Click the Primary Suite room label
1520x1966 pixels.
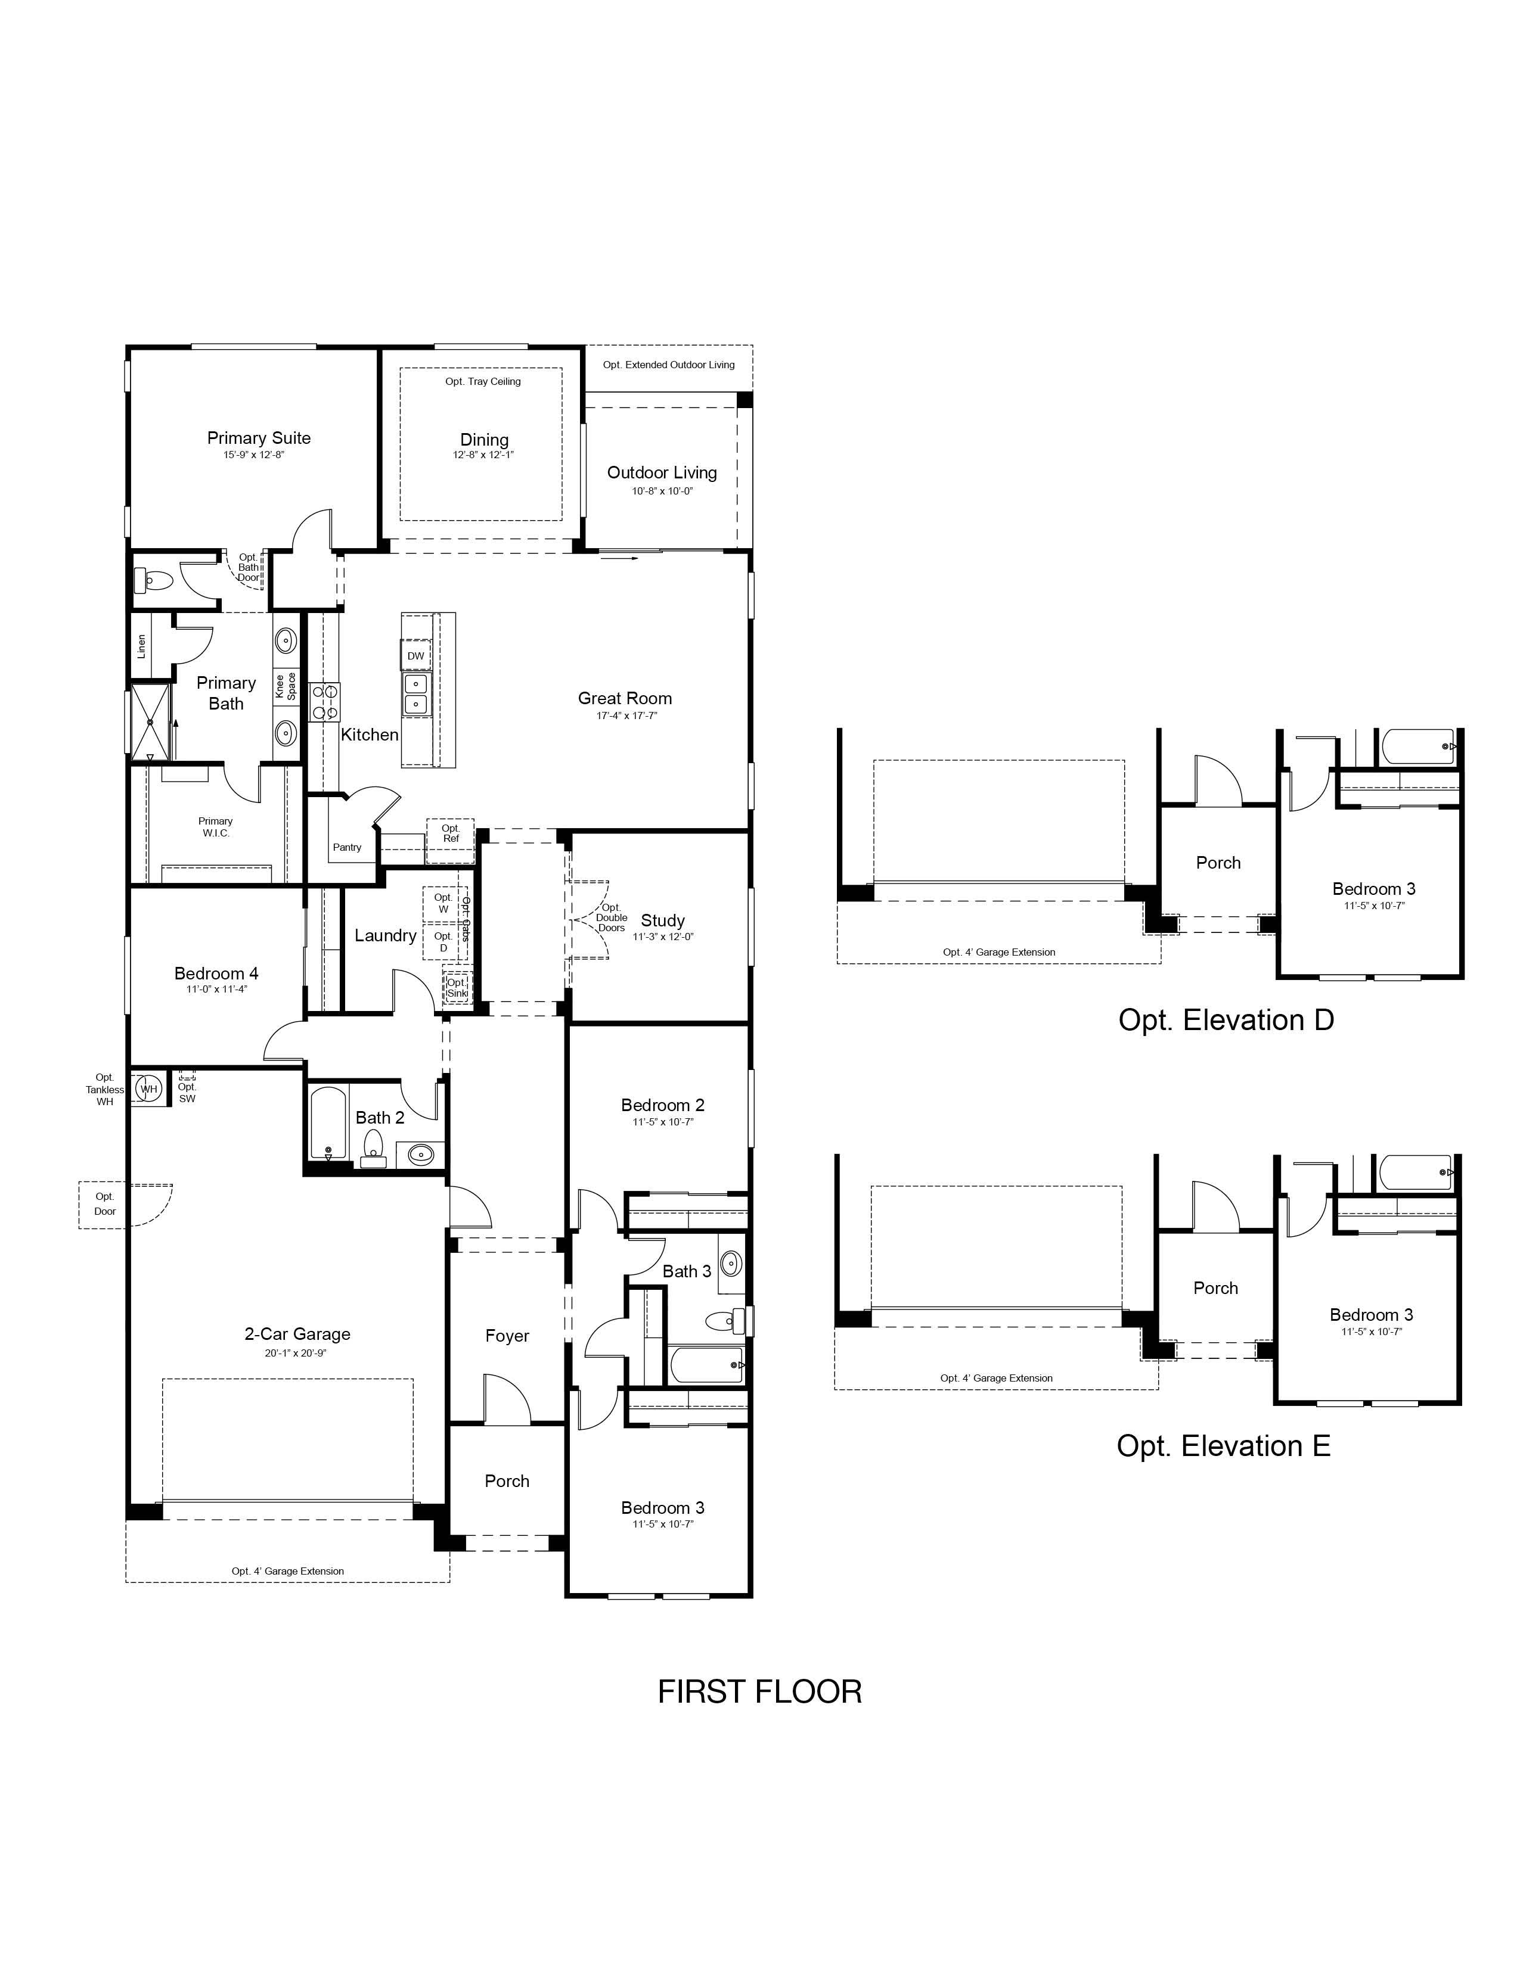click(x=259, y=438)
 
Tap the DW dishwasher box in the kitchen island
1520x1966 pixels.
click(x=415, y=655)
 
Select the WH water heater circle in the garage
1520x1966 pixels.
click(x=148, y=1089)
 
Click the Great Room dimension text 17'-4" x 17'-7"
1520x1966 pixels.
click(x=626, y=716)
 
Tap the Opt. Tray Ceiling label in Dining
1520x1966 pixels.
click(x=483, y=382)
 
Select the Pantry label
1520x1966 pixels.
click(x=347, y=847)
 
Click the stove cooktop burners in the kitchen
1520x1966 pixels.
click(x=325, y=702)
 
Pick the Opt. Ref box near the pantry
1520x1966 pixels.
click(x=450, y=833)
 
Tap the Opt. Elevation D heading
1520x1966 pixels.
click(x=1226, y=1020)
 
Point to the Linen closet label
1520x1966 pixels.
click(x=141, y=646)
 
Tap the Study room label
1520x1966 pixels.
click(x=663, y=920)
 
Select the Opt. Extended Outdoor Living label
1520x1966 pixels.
click(x=669, y=365)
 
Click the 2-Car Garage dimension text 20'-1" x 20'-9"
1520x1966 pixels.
click(x=296, y=1353)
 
